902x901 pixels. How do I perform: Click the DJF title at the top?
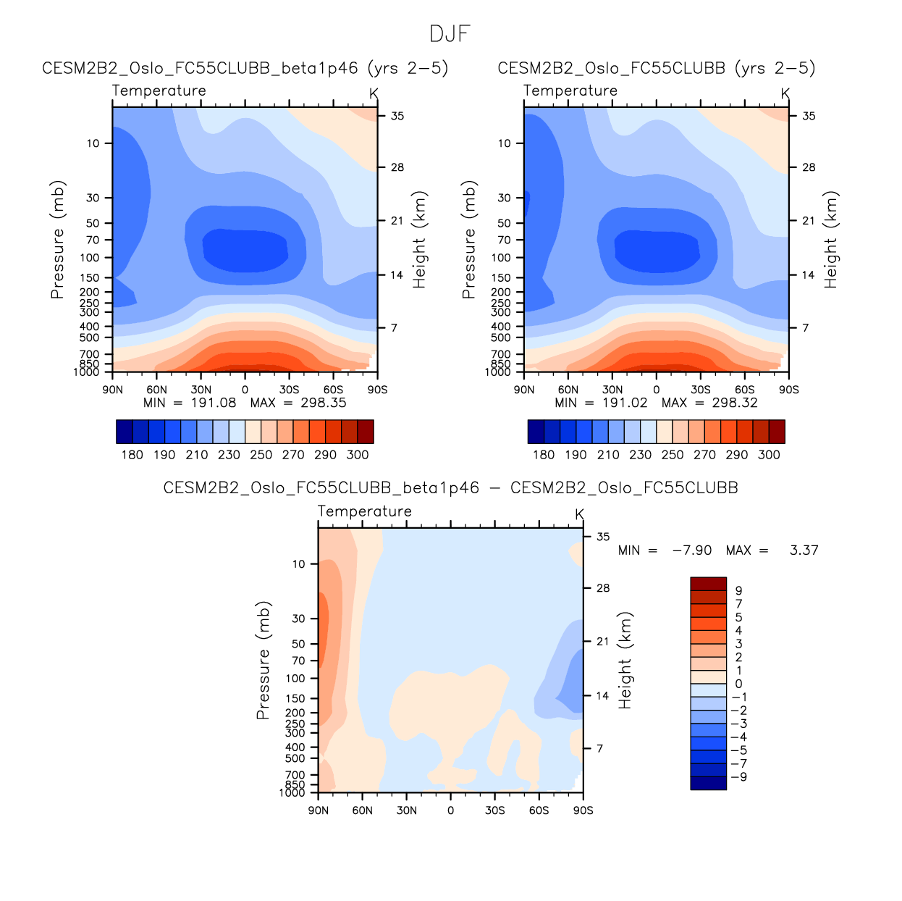[450, 34]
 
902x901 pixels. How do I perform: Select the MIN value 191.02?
[625, 403]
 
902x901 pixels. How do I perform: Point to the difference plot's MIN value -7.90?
[692, 550]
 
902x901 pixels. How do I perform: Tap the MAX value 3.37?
[804, 550]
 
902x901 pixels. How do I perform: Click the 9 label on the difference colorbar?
[738, 591]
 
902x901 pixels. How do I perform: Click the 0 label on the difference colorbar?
[738, 684]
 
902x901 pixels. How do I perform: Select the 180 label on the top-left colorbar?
[132, 455]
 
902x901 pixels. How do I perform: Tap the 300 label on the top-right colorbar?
[769, 455]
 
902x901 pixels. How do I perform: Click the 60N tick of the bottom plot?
[362, 810]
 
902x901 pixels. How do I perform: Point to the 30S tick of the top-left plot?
[289, 390]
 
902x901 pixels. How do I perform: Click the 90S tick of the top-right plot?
[788, 390]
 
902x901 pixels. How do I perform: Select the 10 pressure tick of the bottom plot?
[298, 564]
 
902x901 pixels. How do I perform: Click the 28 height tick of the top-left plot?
[397, 167]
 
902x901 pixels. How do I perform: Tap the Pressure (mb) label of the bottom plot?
[263, 660]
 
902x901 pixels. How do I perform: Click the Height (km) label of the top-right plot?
[830, 240]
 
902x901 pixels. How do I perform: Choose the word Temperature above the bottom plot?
[364, 511]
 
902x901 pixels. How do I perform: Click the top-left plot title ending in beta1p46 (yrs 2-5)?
[245, 68]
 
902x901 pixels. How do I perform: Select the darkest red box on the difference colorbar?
[708, 584]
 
